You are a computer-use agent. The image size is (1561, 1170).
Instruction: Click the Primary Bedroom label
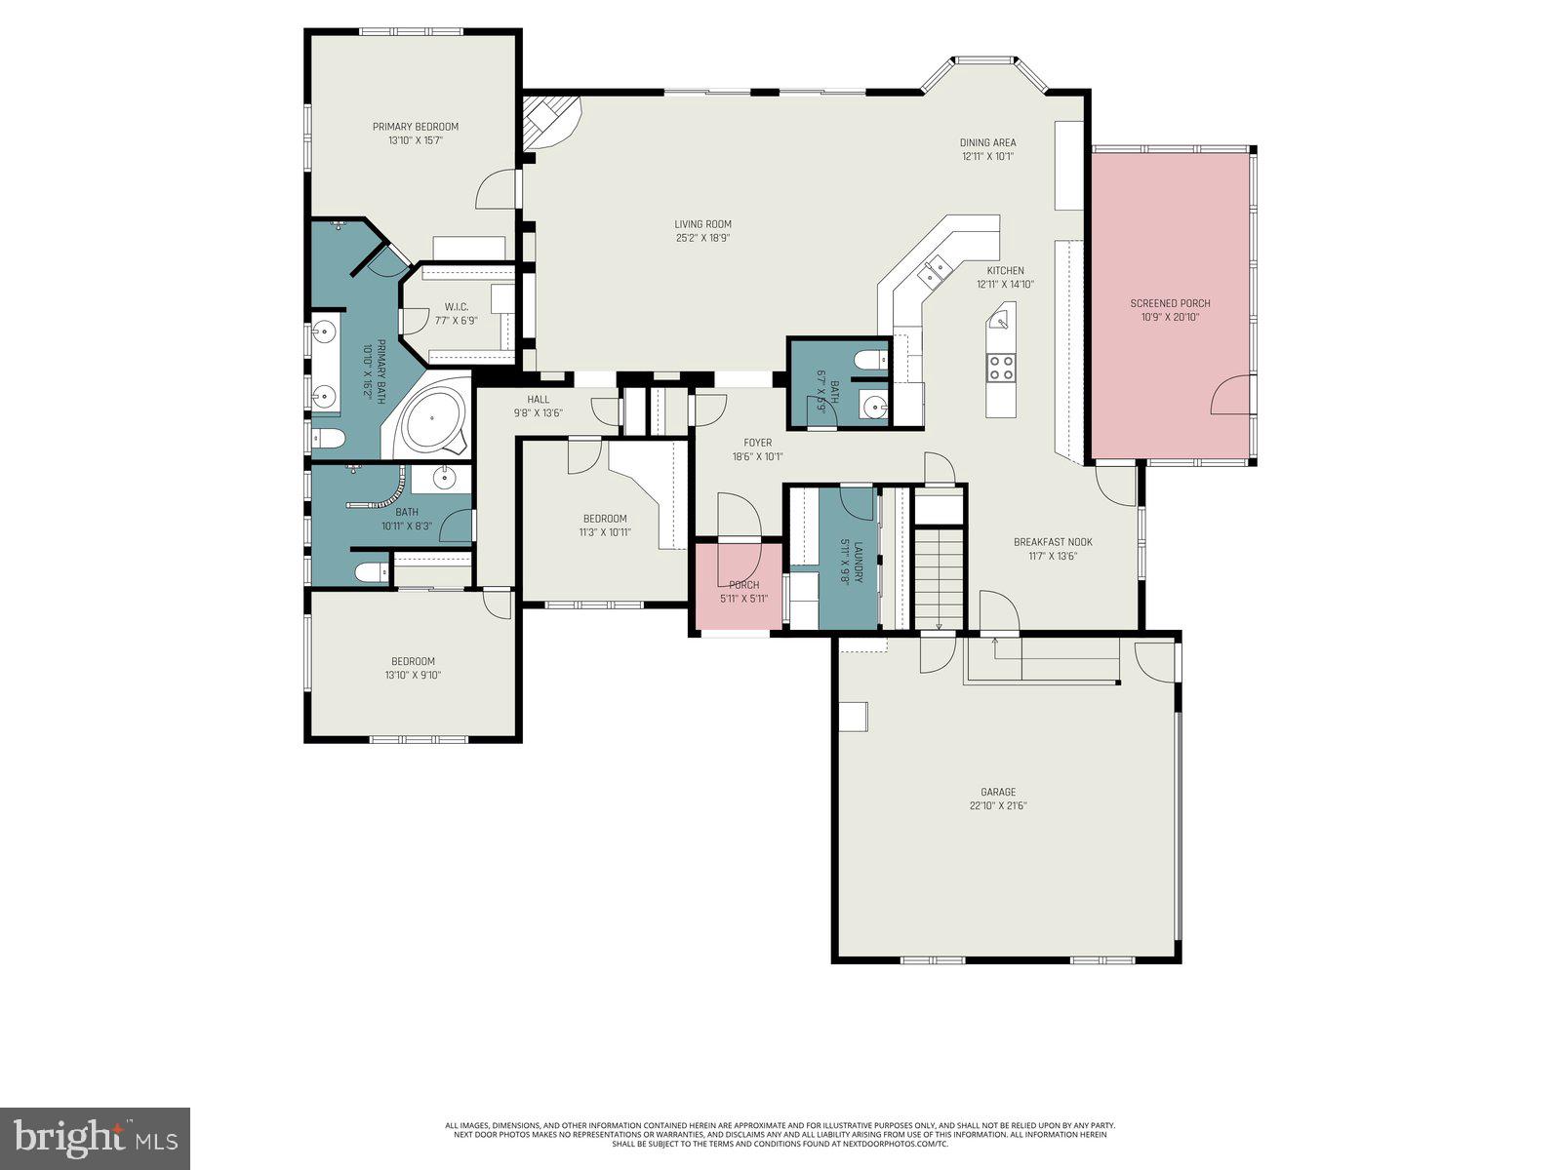coord(415,127)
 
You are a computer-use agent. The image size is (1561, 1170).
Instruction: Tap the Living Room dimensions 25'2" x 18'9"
coord(702,238)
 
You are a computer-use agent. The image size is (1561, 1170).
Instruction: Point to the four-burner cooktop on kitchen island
coord(1001,368)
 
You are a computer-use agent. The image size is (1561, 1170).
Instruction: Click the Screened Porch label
coord(1170,303)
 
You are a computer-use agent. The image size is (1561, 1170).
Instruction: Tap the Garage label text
coord(998,792)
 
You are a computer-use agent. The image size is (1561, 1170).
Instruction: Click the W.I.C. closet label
coord(457,307)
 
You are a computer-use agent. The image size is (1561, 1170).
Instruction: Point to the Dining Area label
coord(987,142)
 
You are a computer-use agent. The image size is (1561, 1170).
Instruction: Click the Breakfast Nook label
coord(1053,542)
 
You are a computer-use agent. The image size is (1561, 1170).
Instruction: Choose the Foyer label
coord(757,443)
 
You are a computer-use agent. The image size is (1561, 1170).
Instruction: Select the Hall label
coord(539,399)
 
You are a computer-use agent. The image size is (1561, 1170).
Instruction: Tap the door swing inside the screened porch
coord(1228,395)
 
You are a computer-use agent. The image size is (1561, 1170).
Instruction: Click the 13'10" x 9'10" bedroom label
coord(413,661)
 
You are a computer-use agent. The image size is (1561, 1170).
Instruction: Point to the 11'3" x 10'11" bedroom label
coord(605,519)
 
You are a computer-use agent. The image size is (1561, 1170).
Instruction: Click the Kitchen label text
coord(1005,271)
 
